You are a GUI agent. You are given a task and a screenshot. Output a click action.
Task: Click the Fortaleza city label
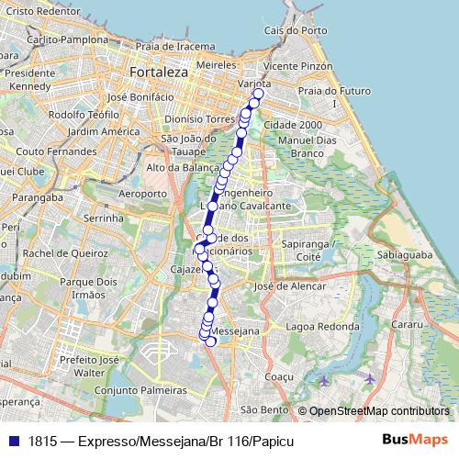[159, 71]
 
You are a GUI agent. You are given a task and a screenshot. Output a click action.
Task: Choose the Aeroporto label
[143, 194]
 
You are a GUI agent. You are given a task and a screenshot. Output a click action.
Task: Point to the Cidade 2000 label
[292, 124]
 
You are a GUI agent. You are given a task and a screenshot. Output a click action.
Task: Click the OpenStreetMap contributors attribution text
[378, 411]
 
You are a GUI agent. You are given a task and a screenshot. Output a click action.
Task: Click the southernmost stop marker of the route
[211, 341]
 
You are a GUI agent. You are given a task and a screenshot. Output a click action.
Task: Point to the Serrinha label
[103, 219]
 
